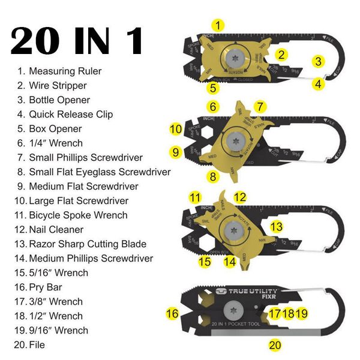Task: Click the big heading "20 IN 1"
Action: point(77,40)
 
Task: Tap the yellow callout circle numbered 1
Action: point(220,25)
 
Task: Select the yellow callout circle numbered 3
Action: point(319,61)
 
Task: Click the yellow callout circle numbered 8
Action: point(212,176)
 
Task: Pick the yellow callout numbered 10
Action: point(176,129)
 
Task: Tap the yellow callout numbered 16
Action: point(172,313)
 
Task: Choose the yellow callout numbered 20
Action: point(275,345)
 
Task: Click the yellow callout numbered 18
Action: point(288,313)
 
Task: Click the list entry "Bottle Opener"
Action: point(59,100)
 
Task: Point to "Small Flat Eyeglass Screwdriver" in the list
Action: point(100,172)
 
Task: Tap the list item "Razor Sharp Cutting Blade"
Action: point(88,244)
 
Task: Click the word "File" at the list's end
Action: point(37,345)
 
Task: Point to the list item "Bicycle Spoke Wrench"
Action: point(78,215)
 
